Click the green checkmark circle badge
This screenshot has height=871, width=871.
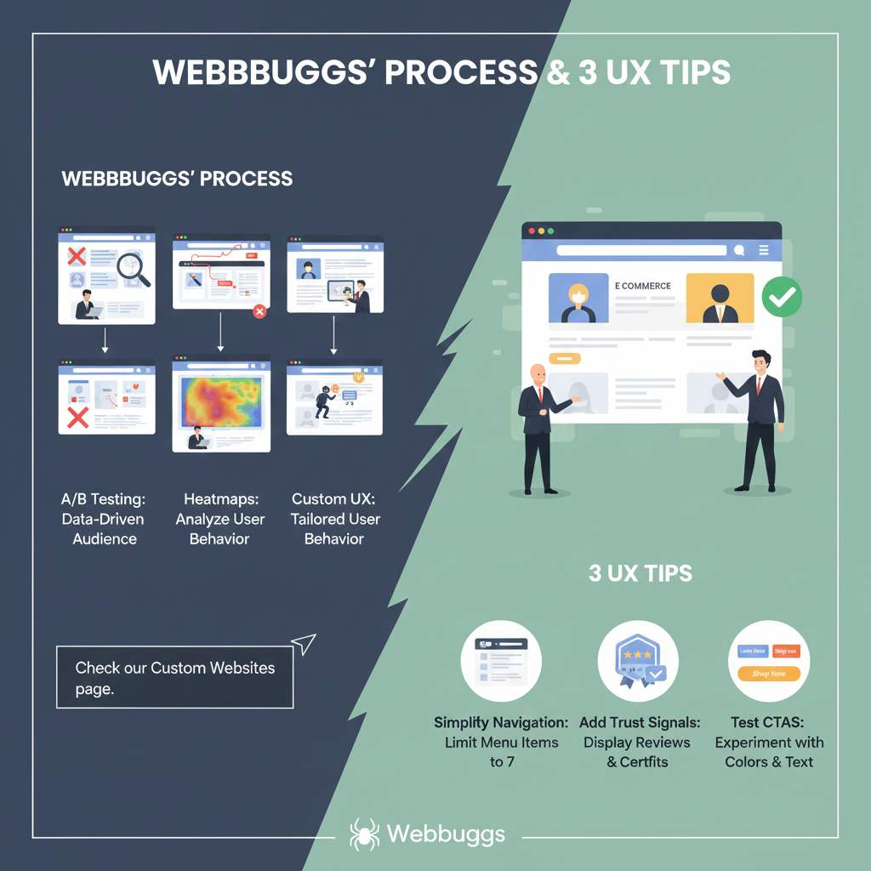(782, 297)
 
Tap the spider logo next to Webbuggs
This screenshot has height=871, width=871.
(365, 834)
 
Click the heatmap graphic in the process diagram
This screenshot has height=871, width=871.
(220, 401)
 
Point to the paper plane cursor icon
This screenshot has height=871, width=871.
(303, 644)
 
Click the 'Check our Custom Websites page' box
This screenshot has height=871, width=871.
(174, 677)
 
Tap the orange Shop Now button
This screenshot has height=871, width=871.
(769, 674)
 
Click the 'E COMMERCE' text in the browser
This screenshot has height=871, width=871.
(643, 286)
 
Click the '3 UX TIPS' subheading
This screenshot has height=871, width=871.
(640, 573)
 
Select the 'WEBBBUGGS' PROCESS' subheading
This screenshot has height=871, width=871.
(178, 179)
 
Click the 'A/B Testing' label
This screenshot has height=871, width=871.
(103, 499)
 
